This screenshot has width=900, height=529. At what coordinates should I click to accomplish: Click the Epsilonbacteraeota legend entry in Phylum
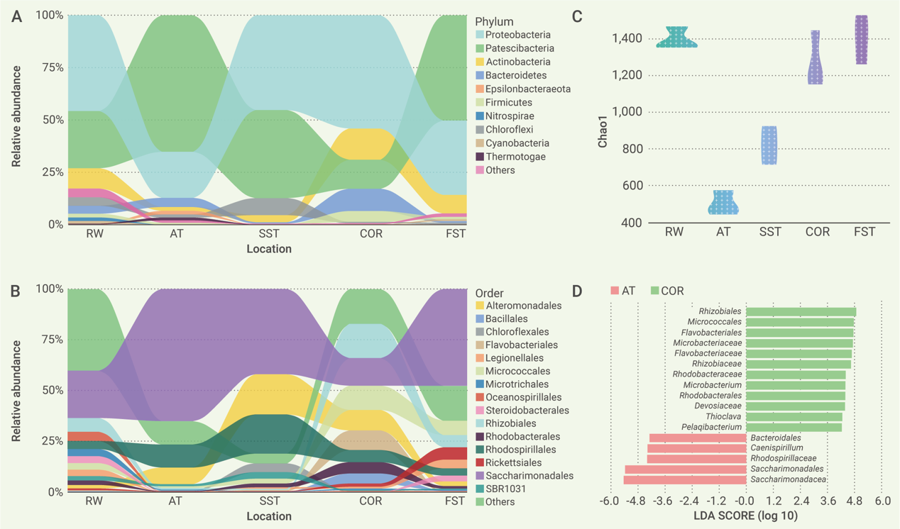(527, 89)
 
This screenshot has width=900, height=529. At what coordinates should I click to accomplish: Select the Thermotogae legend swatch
(479, 157)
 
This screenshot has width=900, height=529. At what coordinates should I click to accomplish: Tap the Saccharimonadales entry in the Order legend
(529, 476)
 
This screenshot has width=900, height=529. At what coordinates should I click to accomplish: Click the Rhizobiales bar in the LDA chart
(801, 311)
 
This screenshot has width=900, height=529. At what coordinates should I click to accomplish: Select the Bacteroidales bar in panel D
(697, 438)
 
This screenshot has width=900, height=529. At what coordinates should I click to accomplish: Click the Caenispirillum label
(776, 448)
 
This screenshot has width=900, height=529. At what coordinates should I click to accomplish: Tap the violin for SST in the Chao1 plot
(769, 145)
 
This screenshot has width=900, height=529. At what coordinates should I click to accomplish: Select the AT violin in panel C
(723, 203)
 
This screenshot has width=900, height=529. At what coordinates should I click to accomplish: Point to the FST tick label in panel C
(865, 232)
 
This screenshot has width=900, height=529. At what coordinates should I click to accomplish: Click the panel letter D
(577, 291)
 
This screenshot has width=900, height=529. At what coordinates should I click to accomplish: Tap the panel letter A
(16, 16)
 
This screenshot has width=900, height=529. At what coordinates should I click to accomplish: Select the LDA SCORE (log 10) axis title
(745, 516)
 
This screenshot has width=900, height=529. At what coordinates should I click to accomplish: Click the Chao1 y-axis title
(603, 131)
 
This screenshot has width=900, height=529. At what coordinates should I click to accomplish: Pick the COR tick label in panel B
(371, 501)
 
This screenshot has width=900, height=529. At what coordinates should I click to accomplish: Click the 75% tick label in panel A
(50, 68)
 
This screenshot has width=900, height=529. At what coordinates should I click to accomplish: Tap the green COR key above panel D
(667, 291)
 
